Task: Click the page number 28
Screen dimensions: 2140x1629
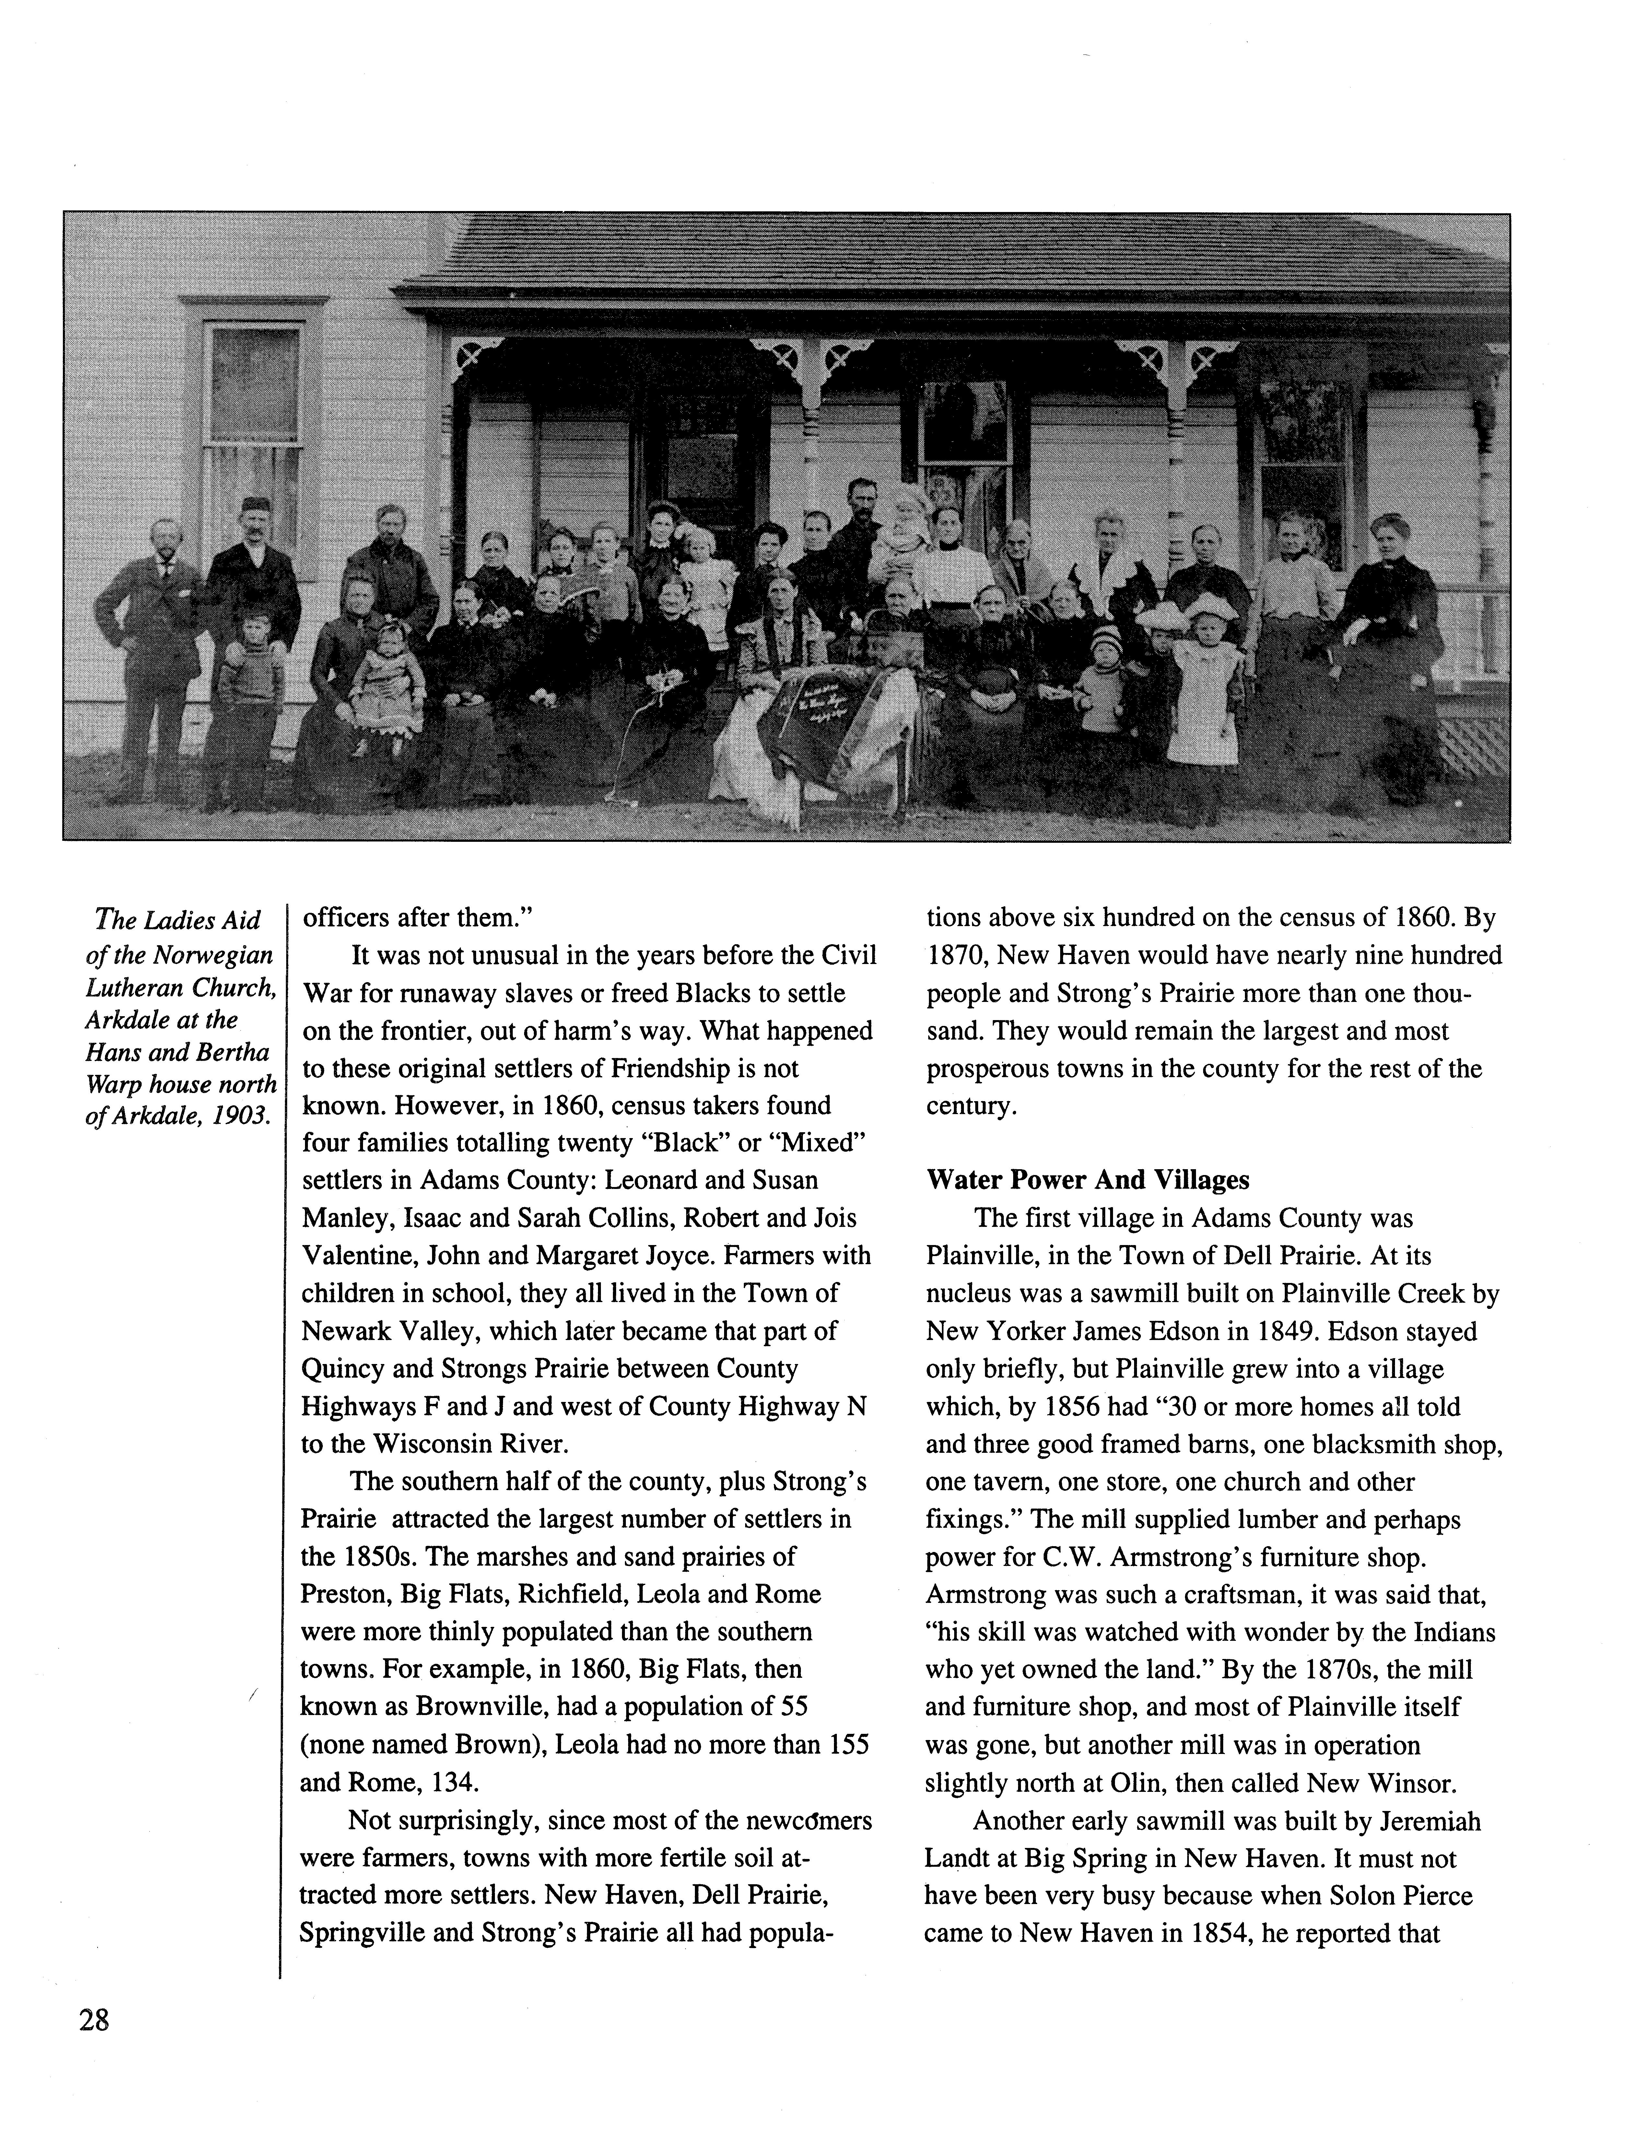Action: point(94,2021)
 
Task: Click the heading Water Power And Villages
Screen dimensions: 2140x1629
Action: point(1088,1180)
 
